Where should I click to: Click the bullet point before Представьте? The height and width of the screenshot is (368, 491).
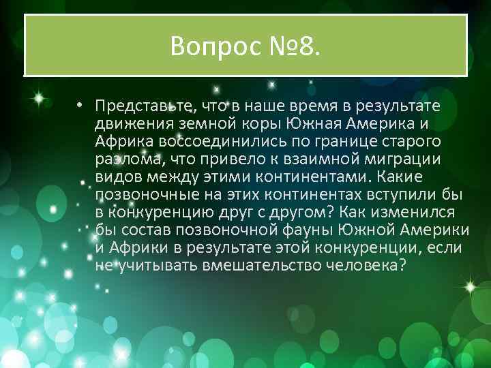click(x=80, y=106)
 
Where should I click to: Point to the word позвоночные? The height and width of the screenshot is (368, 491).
click(x=139, y=194)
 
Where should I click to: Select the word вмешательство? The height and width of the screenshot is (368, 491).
click(x=261, y=265)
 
